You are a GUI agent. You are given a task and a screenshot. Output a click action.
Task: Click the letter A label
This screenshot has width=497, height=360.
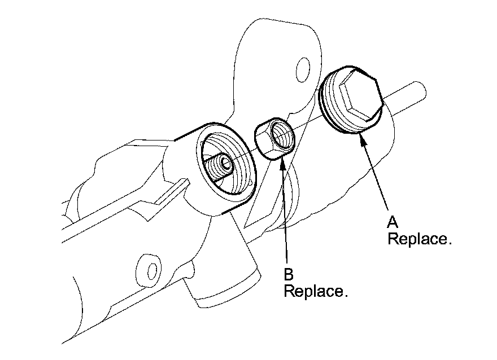click(x=392, y=222)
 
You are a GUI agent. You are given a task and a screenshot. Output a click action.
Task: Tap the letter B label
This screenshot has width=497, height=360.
click(x=289, y=275)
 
